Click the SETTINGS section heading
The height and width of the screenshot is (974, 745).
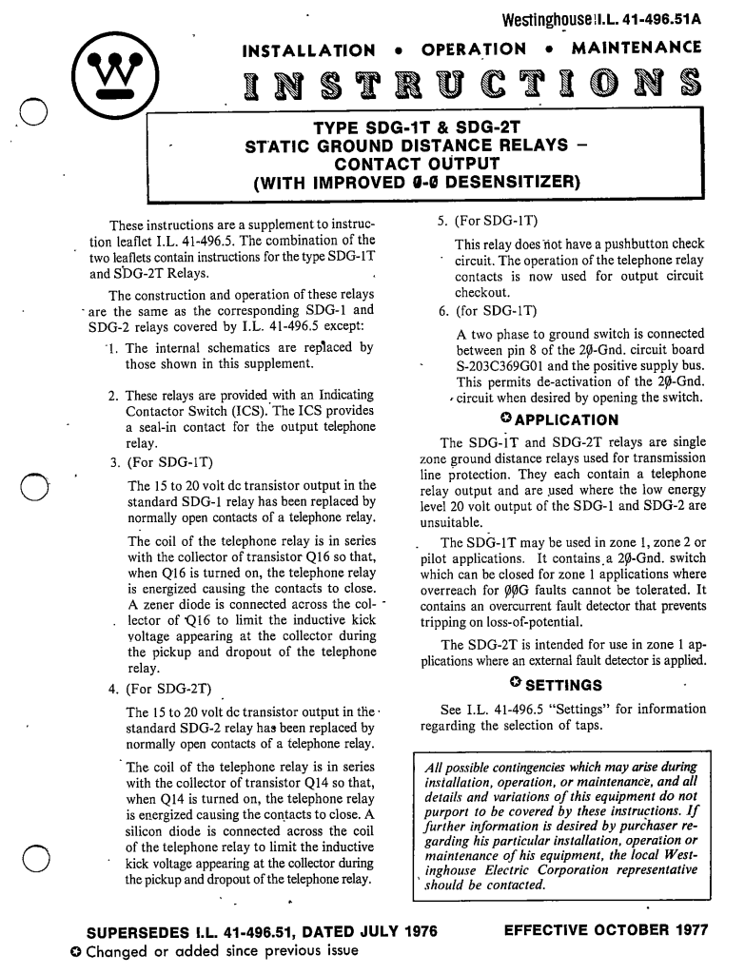pos(563,684)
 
